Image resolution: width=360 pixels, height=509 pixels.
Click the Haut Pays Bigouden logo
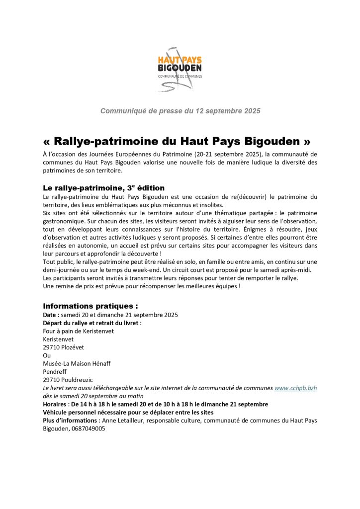click(180, 70)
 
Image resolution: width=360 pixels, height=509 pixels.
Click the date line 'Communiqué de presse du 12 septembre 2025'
click(180, 111)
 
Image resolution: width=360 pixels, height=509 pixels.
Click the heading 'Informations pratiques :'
click(90, 306)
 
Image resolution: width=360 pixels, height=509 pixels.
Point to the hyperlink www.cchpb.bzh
click(295, 388)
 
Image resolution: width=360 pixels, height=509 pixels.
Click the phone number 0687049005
click(88, 428)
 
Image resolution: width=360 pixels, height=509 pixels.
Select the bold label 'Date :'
click(52, 315)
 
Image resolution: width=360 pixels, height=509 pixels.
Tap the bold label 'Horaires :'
click(57, 404)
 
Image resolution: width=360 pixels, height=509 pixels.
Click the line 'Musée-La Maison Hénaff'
click(77, 363)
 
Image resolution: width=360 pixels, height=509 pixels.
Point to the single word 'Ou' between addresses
click(47, 355)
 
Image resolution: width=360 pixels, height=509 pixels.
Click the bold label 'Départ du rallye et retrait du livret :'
click(92, 323)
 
